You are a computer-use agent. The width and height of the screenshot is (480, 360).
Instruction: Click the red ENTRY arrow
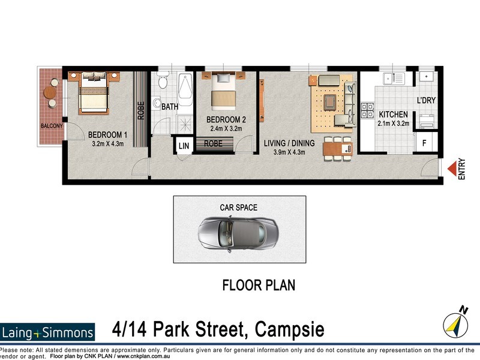click(451, 169)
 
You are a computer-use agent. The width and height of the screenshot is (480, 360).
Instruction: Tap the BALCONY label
click(52, 126)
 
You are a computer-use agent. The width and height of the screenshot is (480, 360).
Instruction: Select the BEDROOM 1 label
click(109, 134)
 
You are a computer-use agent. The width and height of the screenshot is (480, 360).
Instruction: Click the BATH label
click(170, 107)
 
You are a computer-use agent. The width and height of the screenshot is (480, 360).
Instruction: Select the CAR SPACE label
click(238, 208)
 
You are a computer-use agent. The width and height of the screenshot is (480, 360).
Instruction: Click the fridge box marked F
click(425, 143)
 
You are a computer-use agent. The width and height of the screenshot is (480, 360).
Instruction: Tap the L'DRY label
click(426, 100)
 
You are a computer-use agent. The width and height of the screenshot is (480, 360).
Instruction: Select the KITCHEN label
click(393, 115)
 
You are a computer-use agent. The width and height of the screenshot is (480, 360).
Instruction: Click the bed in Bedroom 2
click(223, 91)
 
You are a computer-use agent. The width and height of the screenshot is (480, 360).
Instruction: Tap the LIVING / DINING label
click(288, 143)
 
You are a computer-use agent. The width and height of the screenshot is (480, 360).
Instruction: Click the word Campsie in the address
click(290, 329)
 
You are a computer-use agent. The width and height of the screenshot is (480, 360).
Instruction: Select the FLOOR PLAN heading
click(259, 284)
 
